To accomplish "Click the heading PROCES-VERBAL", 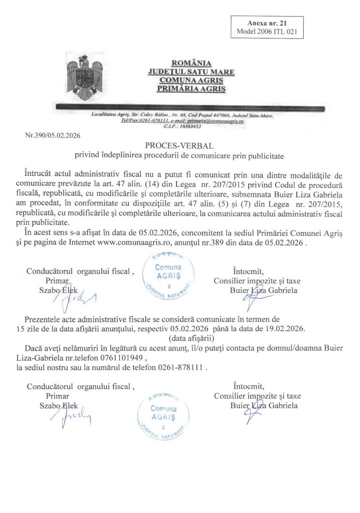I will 179,146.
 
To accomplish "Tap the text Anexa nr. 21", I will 267,24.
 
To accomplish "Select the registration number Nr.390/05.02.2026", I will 53,135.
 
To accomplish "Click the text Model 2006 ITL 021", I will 267,32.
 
